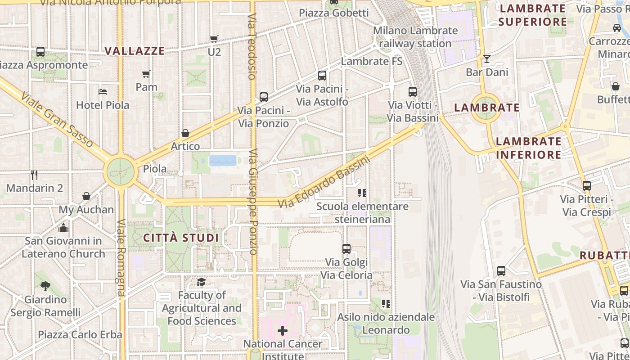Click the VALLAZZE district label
pos(135,51)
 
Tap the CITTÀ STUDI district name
pos(181,238)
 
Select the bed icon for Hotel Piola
pos(103,92)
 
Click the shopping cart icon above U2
pos(214,39)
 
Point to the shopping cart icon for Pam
pos(146,74)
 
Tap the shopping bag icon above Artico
pos(185,133)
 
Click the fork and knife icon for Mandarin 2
pos(34,175)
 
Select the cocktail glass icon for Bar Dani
pos(486,59)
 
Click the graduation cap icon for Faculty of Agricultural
pos(201,282)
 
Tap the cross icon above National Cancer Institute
pos(283,331)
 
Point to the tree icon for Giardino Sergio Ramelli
pos(45,286)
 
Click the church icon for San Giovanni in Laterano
pos(63,227)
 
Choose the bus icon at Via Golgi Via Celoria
pos(346,249)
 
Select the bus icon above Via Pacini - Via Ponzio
pos(264,97)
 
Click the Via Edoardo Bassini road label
pos(323,182)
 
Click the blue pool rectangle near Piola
pos(223,161)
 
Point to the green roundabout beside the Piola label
pos(121,171)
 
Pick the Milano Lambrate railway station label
pos(415,37)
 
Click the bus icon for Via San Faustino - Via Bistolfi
pos(501,271)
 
